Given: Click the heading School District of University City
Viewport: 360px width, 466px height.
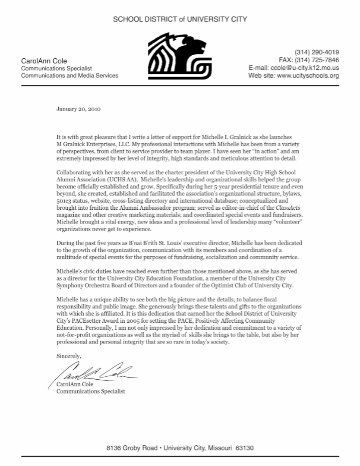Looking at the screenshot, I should pyautogui.click(x=180, y=19).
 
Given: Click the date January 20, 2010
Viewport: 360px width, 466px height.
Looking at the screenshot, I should pyautogui.click(x=79, y=109).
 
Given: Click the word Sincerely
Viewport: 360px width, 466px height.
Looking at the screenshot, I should pyautogui.click(x=69, y=356).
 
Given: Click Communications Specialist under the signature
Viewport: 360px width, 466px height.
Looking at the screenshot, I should pyautogui.click(x=91, y=391).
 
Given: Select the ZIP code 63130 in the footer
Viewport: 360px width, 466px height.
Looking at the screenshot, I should pyautogui.click(x=245, y=448).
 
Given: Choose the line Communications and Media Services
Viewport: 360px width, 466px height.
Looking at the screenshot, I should pyautogui.click(x=69, y=76).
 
